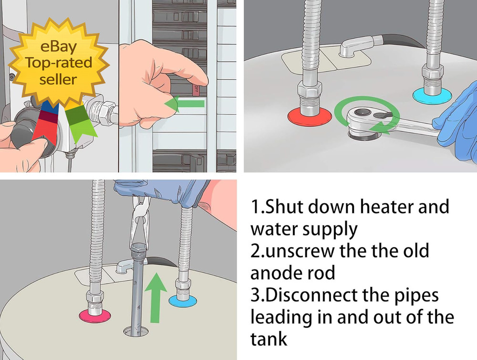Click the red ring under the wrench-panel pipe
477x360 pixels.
(x=310, y=115)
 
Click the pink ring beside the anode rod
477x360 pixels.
(x=94, y=315)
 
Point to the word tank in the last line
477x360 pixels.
(x=269, y=339)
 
